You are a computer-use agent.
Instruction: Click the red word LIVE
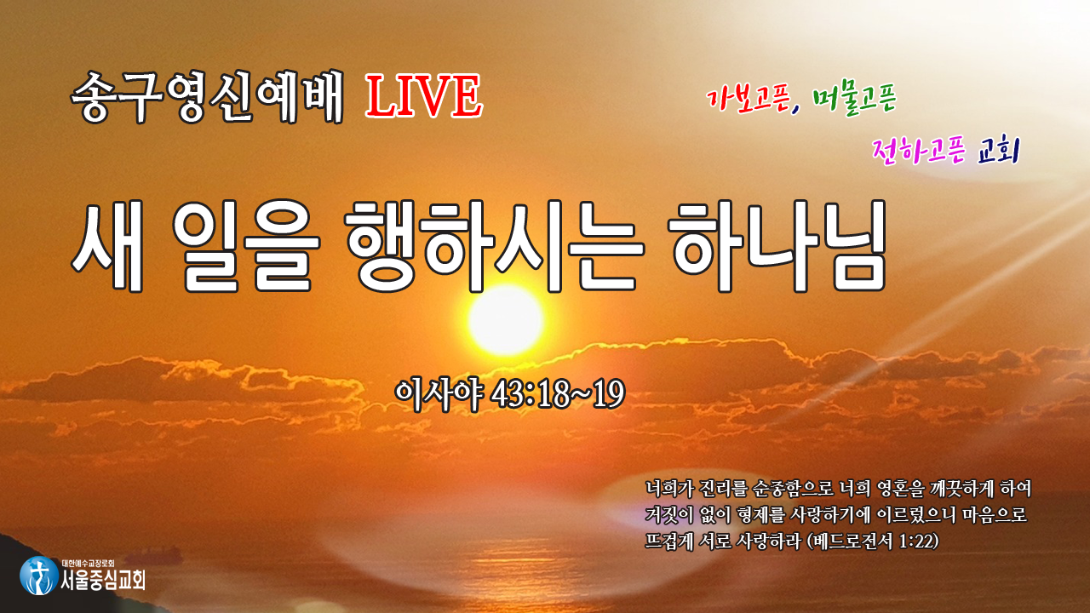pyautogui.click(x=424, y=96)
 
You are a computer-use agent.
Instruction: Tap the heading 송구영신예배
pyautogui.click(x=208, y=96)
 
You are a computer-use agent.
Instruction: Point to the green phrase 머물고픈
pyautogui.click(x=854, y=100)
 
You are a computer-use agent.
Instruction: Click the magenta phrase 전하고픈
pyautogui.click(x=919, y=151)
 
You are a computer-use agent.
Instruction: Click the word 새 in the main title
pyautogui.click(x=108, y=246)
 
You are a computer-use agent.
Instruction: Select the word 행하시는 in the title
pyautogui.click(x=495, y=246)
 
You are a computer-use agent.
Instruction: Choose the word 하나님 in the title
pyautogui.click(x=778, y=246)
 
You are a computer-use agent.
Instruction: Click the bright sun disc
pyautogui.click(x=506, y=319)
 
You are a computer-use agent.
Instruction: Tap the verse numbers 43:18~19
pyautogui.click(x=558, y=394)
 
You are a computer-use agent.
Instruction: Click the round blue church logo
pyautogui.click(x=39, y=576)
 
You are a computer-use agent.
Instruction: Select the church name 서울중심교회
pyautogui.click(x=103, y=581)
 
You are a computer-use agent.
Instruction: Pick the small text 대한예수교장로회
pyautogui.click(x=88, y=564)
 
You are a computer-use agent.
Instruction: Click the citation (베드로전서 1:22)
pyautogui.click(x=873, y=541)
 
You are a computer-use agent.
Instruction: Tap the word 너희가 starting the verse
pyautogui.click(x=668, y=489)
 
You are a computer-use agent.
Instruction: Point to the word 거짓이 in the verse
pyautogui.click(x=668, y=515)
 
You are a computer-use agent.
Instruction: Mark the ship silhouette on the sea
pyautogui.click(x=158, y=553)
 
